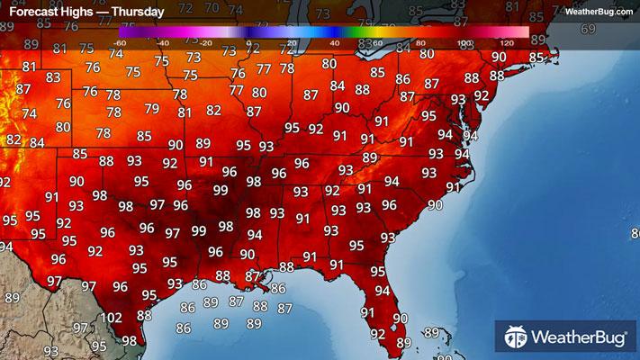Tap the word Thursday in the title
[135, 13]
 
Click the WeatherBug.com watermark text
[599, 12]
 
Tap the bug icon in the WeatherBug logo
[516, 337]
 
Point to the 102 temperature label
[112, 318]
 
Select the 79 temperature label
[151, 109]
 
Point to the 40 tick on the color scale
[334, 42]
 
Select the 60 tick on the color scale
[377, 42]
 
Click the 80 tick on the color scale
[420, 42]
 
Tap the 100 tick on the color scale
[464, 42]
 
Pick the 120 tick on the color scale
[506, 42]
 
